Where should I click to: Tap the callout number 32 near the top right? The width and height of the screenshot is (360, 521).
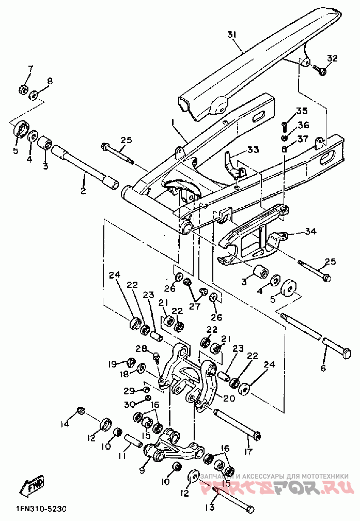point(332,58)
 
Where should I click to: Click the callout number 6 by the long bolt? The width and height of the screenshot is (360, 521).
point(323,368)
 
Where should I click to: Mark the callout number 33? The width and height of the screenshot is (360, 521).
point(253,150)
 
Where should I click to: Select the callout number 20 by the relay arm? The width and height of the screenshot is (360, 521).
point(229,399)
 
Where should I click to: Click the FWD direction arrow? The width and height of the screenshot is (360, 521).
point(33,486)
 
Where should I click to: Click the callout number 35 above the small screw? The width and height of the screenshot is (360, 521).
point(301,111)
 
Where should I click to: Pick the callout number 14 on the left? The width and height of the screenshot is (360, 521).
point(64,424)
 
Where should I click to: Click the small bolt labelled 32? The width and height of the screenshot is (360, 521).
point(320,71)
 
